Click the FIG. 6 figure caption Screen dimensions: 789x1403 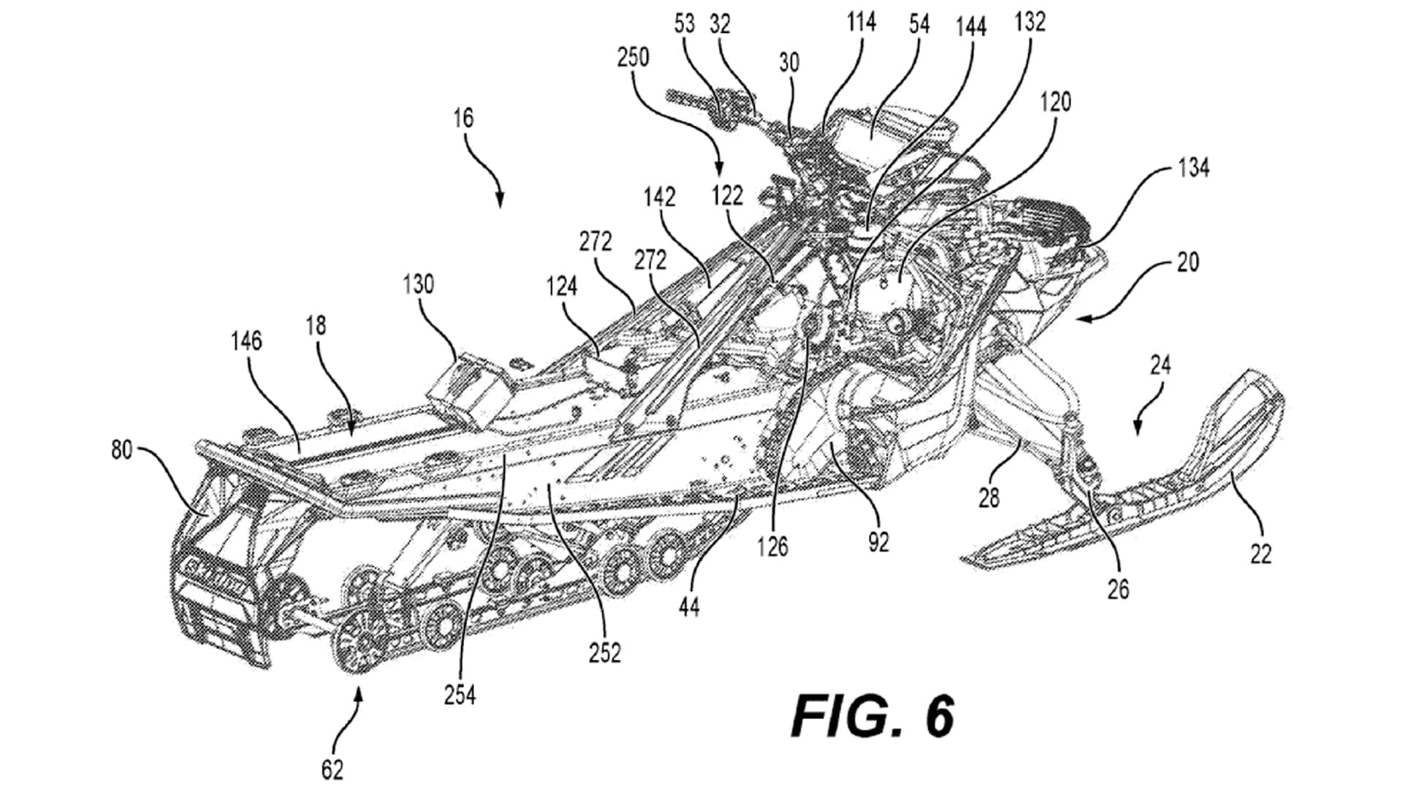872,717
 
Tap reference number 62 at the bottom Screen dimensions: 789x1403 332,769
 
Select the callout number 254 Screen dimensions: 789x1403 460,695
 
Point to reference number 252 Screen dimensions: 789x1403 605,652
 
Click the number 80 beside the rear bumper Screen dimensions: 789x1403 121,450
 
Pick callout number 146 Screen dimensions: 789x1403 246,341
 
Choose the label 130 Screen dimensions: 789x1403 418,284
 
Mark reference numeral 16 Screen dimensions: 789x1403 463,118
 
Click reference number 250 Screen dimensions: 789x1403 633,57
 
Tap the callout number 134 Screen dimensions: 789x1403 1193,168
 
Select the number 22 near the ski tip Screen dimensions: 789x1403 1261,554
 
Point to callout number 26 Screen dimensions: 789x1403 1118,589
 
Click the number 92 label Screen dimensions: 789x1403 878,541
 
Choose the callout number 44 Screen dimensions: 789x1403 689,606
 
